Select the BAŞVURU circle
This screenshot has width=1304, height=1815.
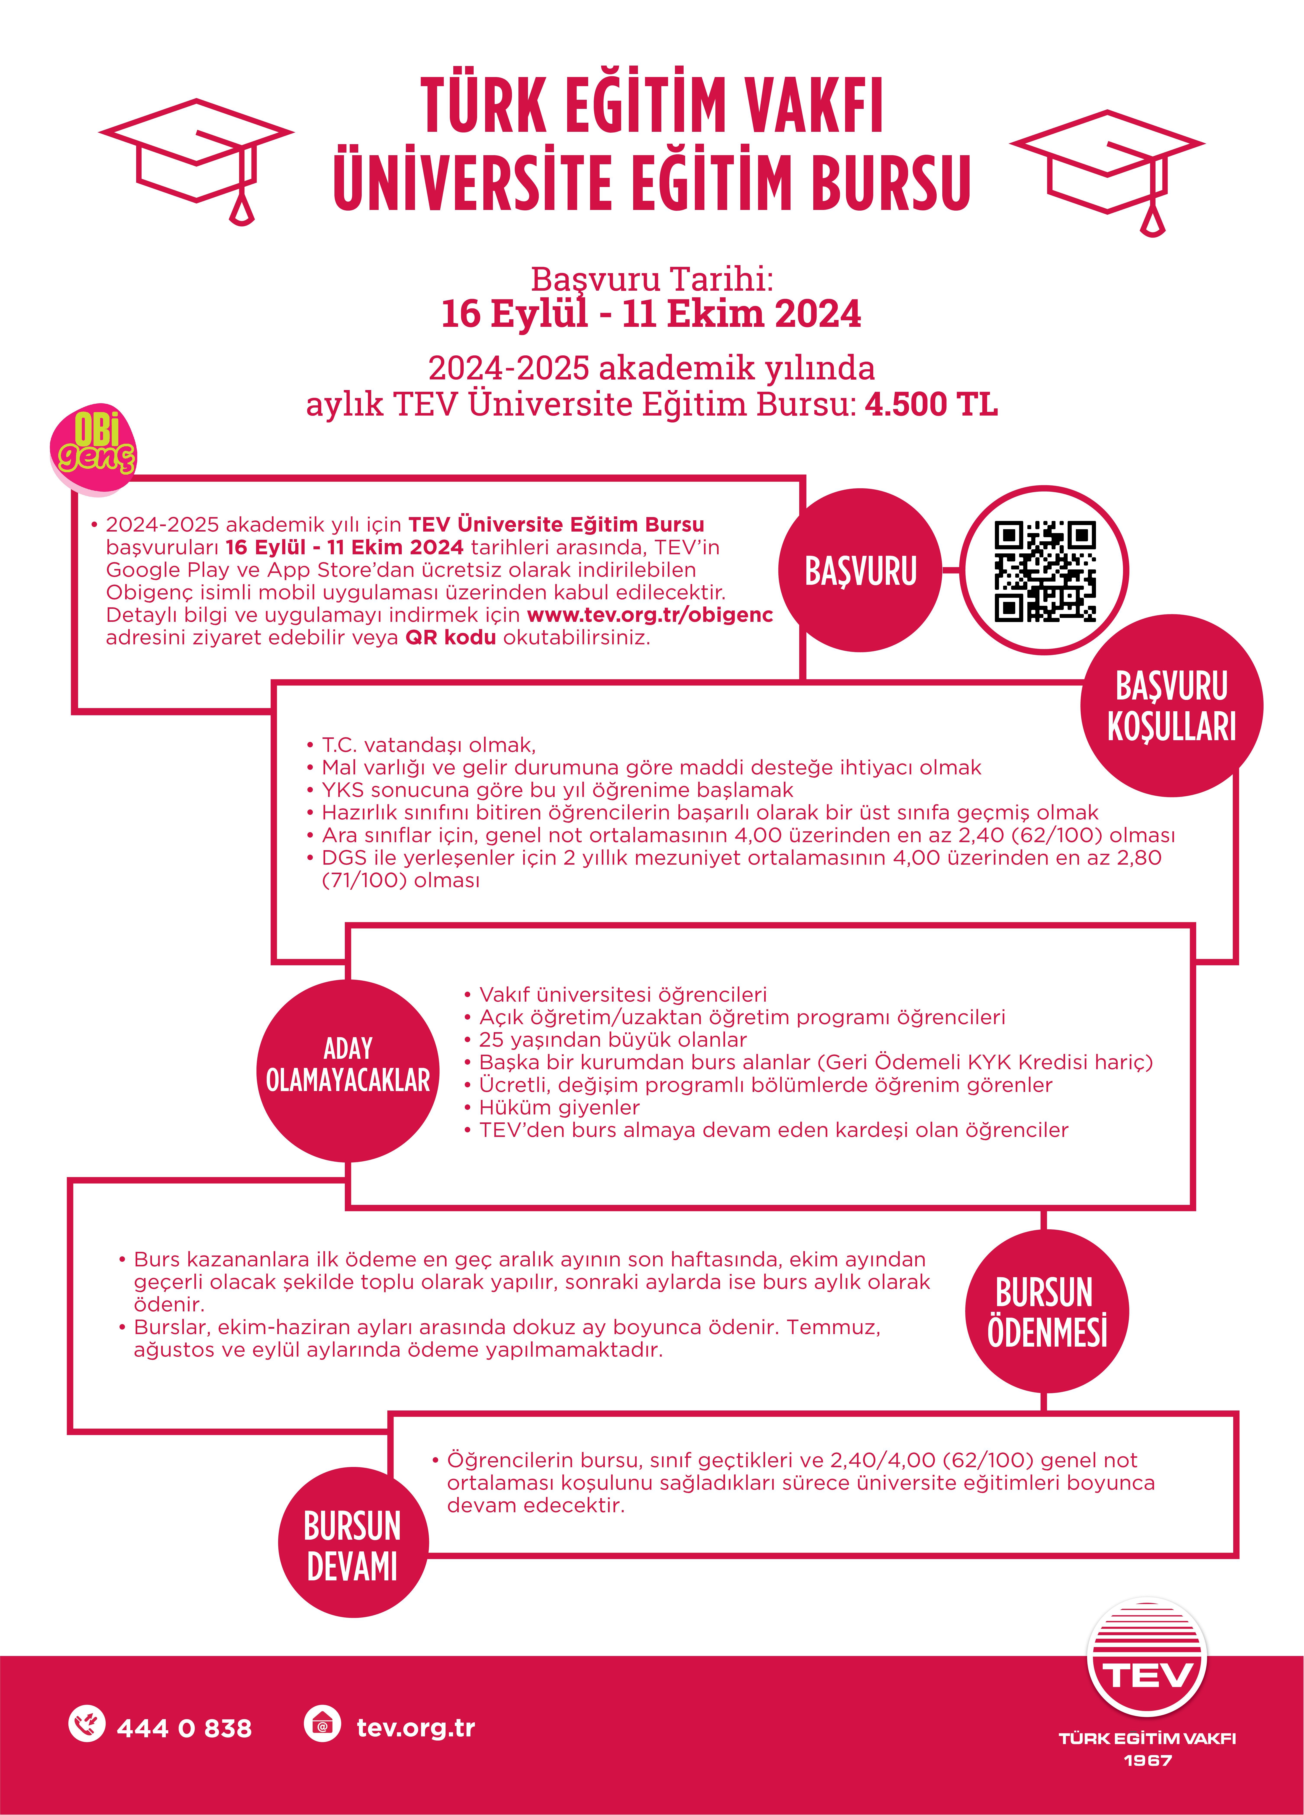[860, 571]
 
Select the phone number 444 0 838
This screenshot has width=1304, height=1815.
[184, 1729]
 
